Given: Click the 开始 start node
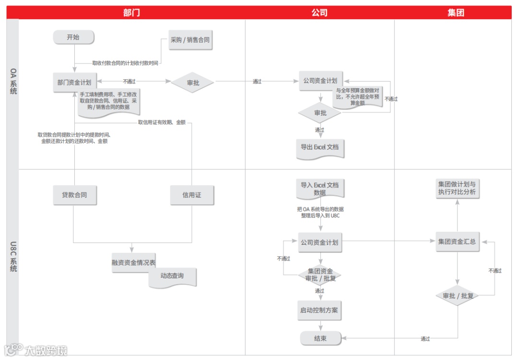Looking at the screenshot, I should pyautogui.click(x=73, y=37).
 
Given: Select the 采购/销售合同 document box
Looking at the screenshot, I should pyautogui.click(x=190, y=40).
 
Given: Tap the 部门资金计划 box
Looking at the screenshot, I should pyautogui.click(x=74, y=83).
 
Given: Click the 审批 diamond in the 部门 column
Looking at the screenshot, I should pyautogui.click(x=193, y=83).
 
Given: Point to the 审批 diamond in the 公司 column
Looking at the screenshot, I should pyautogui.click(x=320, y=113).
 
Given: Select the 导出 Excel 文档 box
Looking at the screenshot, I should pyautogui.click(x=320, y=147).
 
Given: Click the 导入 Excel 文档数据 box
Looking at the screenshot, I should pyautogui.click(x=320, y=189).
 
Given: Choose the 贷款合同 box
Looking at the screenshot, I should pyautogui.click(x=74, y=195).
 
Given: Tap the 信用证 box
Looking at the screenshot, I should pyautogui.click(x=192, y=195).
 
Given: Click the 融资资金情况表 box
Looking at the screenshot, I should pyautogui.click(x=134, y=263).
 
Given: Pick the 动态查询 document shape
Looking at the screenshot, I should pyautogui.click(x=172, y=276).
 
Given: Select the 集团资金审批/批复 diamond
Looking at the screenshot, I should pyautogui.click(x=320, y=275).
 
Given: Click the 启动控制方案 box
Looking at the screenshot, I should pyautogui.click(x=319, y=311).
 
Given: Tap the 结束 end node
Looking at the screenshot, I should pyautogui.click(x=320, y=339).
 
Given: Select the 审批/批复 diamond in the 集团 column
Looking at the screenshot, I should pyautogui.click(x=458, y=296).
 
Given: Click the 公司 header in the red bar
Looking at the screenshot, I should pyautogui.click(x=319, y=12).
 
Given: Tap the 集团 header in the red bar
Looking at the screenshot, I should pyautogui.click(x=456, y=12).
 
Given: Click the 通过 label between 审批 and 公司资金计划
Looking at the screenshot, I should pyautogui.click(x=257, y=82).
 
